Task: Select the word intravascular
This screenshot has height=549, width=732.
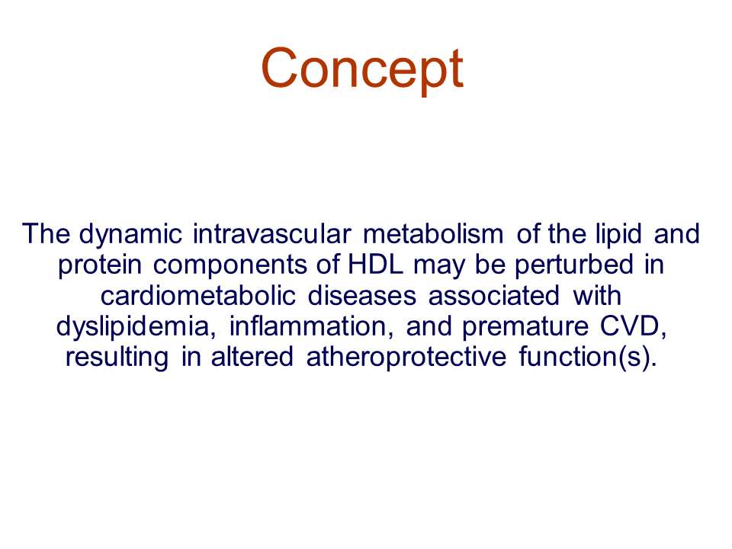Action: pyautogui.click(x=271, y=233)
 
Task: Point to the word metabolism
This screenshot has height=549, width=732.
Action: pyautogui.click(x=433, y=233)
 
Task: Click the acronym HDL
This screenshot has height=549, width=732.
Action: pyautogui.click(x=375, y=264)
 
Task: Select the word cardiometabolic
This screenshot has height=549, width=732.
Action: pyautogui.click(x=198, y=295)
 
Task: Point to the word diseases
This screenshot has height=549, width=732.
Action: pyautogui.click(x=361, y=295)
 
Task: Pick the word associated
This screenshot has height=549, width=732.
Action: pyautogui.click(x=493, y=295)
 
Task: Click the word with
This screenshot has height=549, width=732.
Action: pyautogui.click(x=597, y=295)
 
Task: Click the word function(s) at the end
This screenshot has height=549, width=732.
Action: pyautogui.click(x=588, y=358)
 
